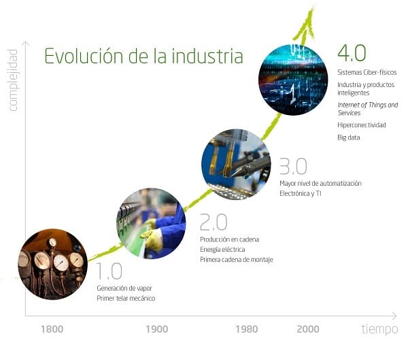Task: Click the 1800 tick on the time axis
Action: pos(52,329)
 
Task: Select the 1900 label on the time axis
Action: pos(156,329)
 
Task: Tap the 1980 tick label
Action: pos(246,329)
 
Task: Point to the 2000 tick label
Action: pos(308,329)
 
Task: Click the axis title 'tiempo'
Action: pos(379,329)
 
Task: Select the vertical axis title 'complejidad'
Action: pos(13,80)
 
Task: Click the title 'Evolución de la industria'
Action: pos(143,56)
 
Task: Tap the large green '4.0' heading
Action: pos(352,53)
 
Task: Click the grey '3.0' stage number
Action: pos(293,166)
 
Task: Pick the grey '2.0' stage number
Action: pos(214,223)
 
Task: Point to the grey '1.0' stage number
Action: pos(109,271)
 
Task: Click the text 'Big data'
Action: pos(349,137)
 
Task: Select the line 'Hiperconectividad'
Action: pos(362,125)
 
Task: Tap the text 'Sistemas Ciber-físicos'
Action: pos(367,72)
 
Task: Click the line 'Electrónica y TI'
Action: pos(301,193)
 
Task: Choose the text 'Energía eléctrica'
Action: pos(222,249)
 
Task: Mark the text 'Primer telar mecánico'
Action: pos(126,298)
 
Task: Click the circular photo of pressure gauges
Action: pos(53,264)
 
